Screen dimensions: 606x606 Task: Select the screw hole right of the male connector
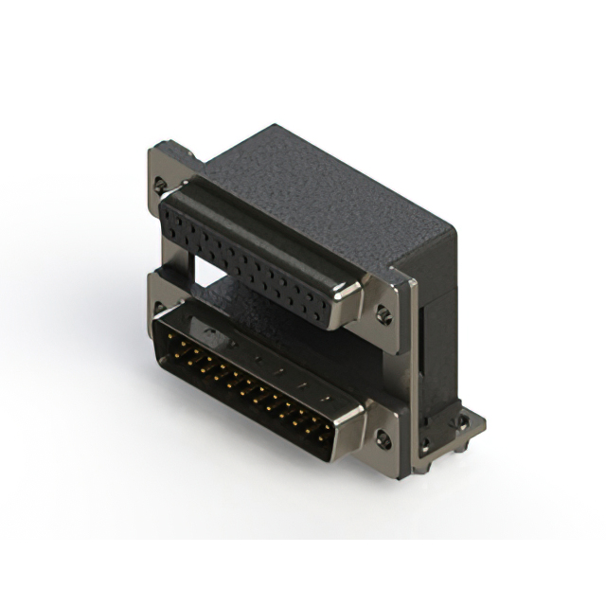coord(383,438)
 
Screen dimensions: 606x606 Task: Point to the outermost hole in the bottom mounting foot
coord(463,422)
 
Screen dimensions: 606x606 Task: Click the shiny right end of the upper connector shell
coord(348,302)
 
